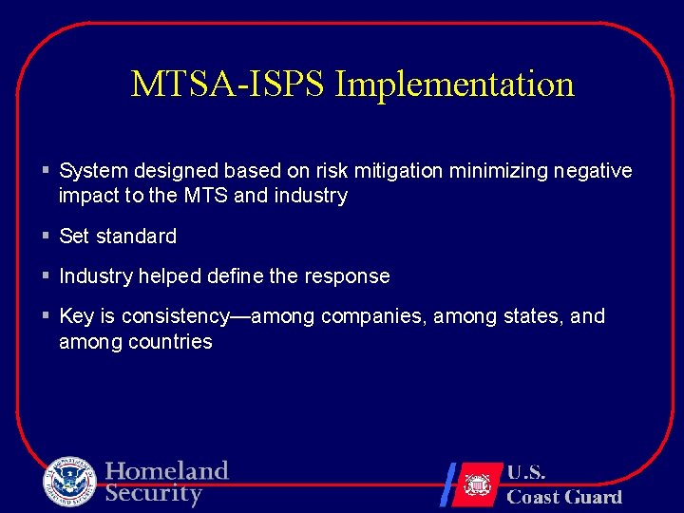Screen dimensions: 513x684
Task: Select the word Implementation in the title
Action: (455, 85)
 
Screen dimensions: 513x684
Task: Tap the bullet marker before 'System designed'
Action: (46, 171)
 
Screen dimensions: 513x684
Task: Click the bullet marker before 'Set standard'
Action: (46, 236)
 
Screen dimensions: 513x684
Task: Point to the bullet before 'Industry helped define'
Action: (46, 275)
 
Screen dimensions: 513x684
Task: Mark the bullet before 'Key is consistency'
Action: (46, 315)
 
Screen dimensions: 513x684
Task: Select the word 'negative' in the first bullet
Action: (591, 171)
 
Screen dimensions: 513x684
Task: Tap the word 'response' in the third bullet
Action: (347, 276)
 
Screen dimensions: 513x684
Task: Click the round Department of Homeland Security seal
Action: (69, 482)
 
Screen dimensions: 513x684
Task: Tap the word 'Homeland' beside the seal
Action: (167, 471)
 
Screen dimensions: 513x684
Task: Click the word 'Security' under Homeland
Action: (154, 494)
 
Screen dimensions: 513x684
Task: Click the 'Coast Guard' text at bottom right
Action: (564, 496)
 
